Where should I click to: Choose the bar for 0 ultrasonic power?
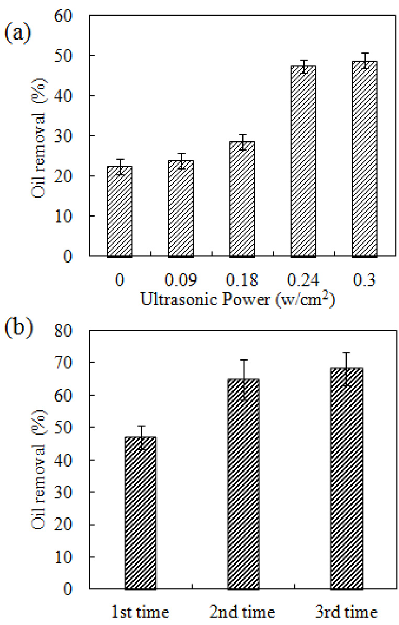[x=119, y=211]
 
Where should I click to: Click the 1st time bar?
[x=140, y=513]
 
